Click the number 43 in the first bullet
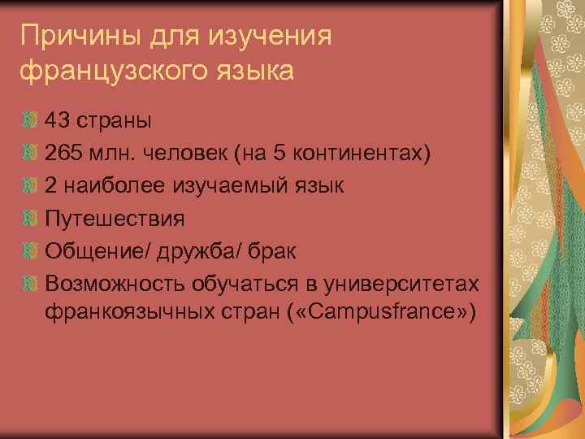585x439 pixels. pos(58,121)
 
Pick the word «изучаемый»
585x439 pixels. pos(227,186)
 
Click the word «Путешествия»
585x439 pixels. pos(115,219)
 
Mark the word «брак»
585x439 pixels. pos(272,251)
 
